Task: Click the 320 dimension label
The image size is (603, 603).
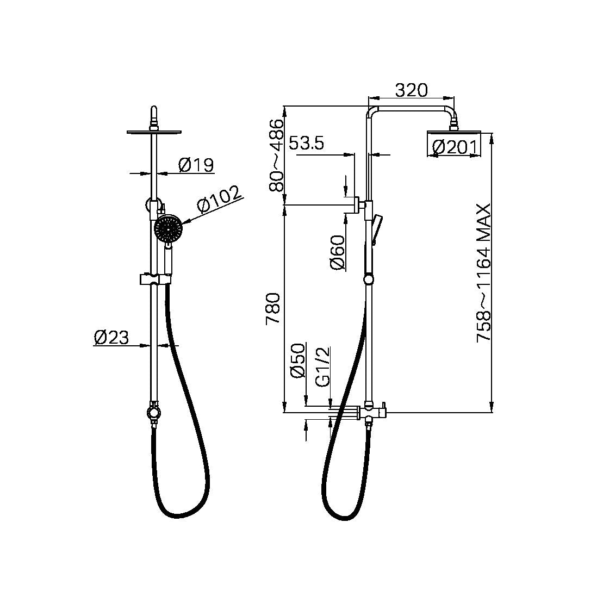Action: coord(411,90)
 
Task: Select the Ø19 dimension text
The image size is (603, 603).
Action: coord(196,165)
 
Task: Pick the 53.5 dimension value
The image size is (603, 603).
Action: coord(307,144)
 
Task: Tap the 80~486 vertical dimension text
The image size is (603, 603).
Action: coord(277,156)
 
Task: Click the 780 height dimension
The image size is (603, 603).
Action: coord(274,309)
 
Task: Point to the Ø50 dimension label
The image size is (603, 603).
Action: coord(298,361)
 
